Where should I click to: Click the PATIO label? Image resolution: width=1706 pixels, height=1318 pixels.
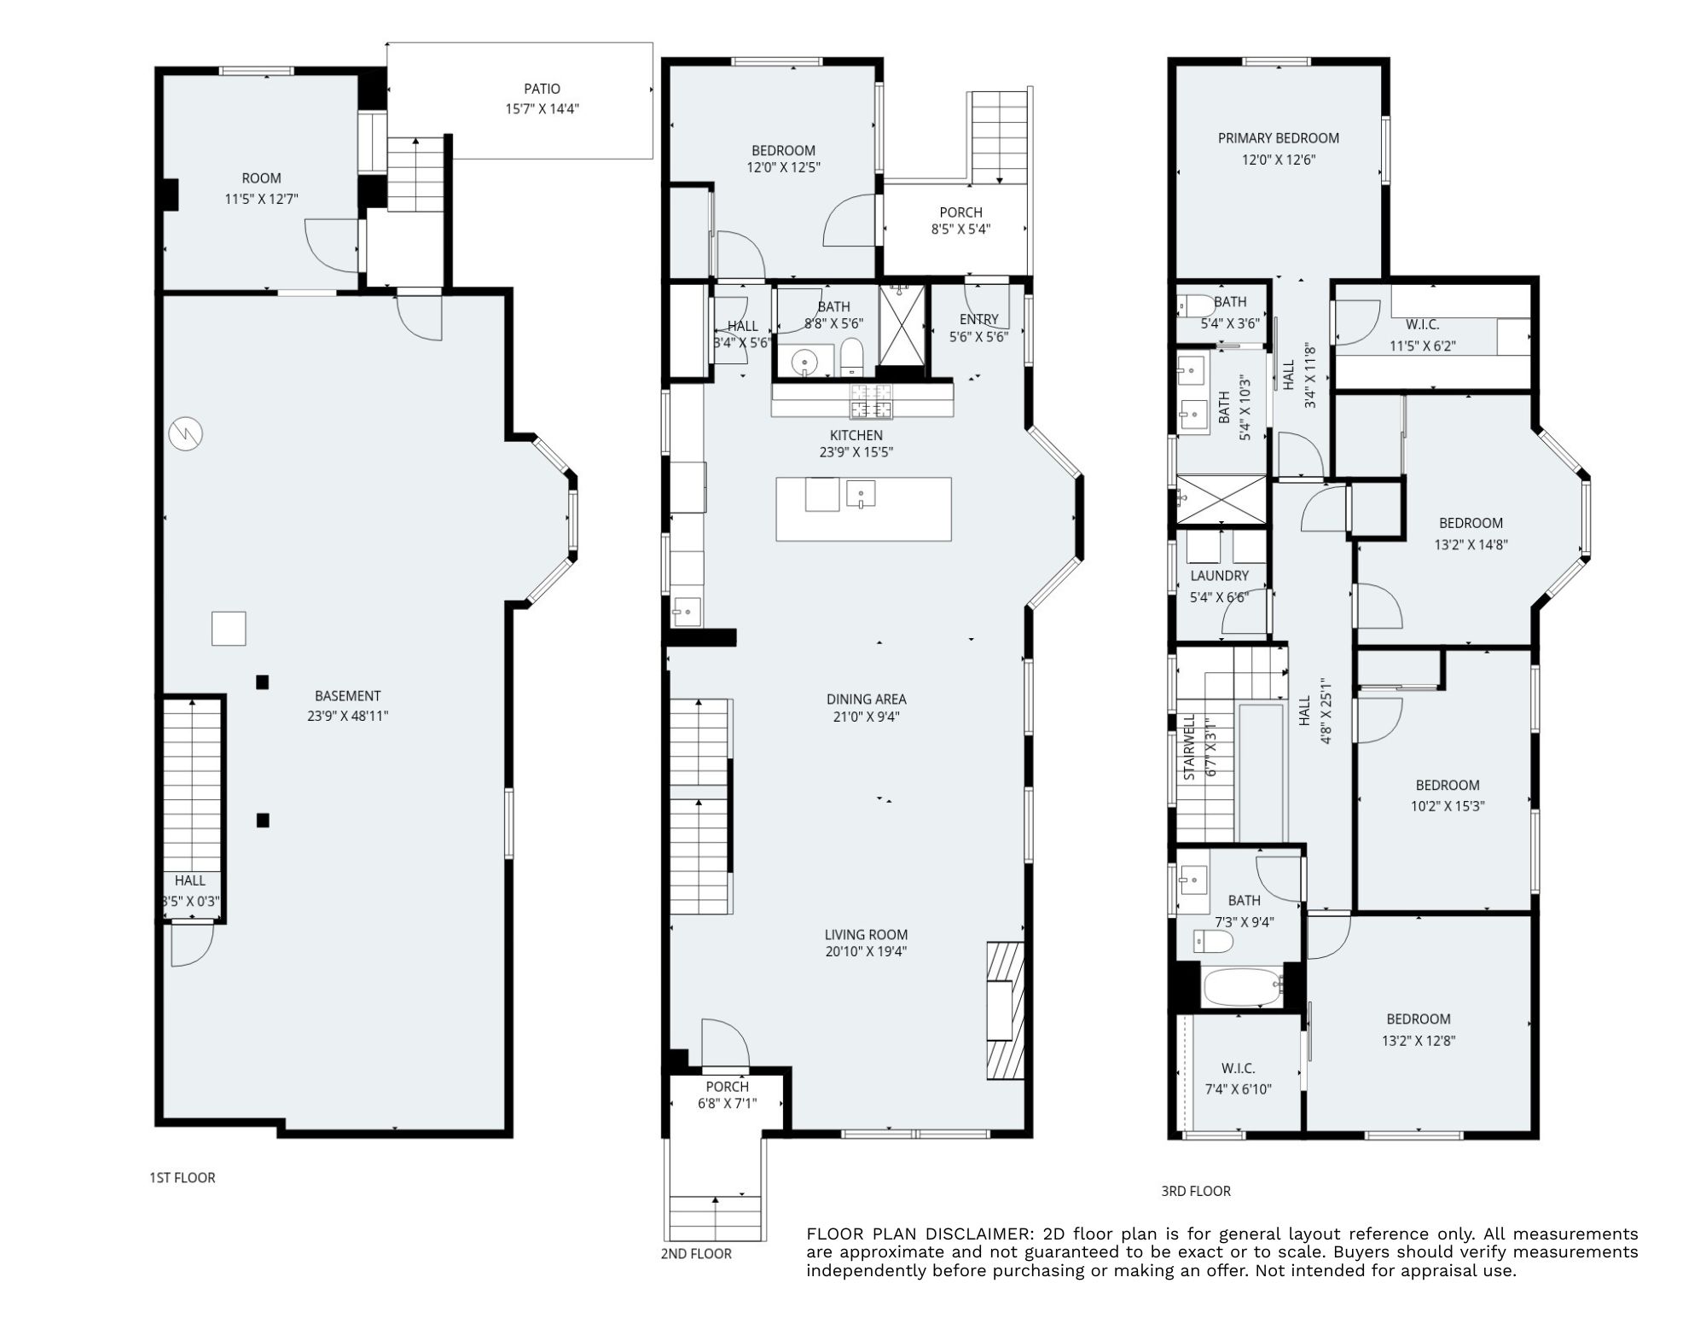tap(542, 89)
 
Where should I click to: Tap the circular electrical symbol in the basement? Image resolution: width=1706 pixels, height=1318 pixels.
tap(185, 434)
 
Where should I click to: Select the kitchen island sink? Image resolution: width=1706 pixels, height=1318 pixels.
tap(862, 494)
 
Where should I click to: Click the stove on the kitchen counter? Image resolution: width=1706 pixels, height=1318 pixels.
tap(871, 400)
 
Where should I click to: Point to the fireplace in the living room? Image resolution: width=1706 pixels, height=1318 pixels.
tap(1004, 1011)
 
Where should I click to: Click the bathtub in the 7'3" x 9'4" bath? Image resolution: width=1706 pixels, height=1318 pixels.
tap(1241, 988)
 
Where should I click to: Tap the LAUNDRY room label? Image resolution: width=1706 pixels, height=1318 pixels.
tap(1219, 576)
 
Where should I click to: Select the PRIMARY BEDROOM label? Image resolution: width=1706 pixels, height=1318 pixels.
tap(1278, 138)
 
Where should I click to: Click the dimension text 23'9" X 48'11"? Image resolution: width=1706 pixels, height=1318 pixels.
tap(347, 717)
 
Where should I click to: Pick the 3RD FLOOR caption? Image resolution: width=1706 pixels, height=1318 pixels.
tap(1195, 1191)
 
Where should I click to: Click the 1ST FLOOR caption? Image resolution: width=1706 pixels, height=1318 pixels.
tap(183, 1178)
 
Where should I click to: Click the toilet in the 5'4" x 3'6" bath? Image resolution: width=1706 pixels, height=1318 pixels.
tap(1194, 305)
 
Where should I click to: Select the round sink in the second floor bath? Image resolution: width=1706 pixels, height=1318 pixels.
tap(804, 364)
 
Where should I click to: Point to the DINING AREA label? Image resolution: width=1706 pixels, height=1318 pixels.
tap(866, 700)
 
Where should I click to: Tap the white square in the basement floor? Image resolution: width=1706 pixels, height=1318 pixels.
tap(229, 629)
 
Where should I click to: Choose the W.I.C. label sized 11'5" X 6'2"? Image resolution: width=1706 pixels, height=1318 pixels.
tap(1422, 325)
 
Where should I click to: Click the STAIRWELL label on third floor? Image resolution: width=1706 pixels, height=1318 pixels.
tap(1189, 749)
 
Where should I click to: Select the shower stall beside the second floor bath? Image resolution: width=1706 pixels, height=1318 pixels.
tap(902, 327)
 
